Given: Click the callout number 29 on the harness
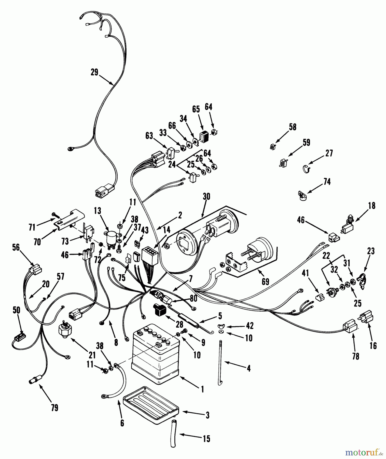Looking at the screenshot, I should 94,72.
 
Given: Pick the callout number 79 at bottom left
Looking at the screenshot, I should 54,407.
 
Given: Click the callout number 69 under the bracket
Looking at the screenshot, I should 265,282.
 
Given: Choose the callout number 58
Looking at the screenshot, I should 293,127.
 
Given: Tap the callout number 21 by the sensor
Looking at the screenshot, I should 92,355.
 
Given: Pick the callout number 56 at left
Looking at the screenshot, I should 16,247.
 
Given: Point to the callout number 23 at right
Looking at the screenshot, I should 371,251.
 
